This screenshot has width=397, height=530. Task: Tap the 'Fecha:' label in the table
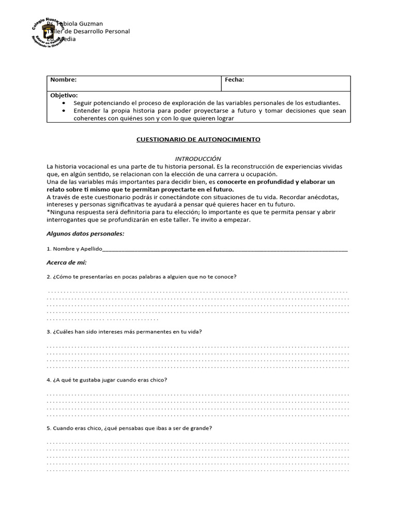click(234, 80)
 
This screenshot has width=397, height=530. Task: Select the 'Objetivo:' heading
click(64, 96)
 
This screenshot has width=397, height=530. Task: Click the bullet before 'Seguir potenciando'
click(64, 103)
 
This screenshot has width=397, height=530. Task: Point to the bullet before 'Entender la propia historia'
click(64, 111)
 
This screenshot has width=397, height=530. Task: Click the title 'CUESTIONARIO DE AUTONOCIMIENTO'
click(198, 140)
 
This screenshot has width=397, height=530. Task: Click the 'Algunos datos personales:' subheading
click(85, 233)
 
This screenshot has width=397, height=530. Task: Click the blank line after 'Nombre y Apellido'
click(225, 249)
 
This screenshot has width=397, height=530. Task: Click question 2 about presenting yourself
click(142, 276)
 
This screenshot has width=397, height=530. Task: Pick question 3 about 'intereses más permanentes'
click(124, 331)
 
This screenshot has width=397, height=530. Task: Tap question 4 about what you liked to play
click(107, 380)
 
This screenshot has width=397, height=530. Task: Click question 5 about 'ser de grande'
click(129, 428)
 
